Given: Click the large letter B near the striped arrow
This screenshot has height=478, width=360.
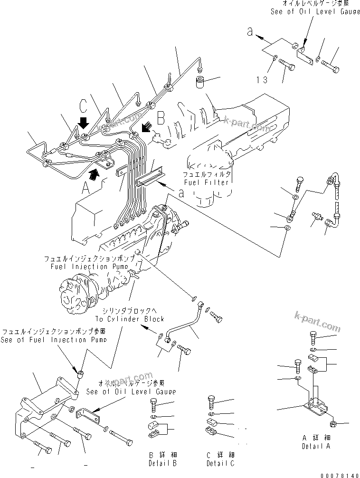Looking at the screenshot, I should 161,117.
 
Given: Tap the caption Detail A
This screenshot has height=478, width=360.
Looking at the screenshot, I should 316,446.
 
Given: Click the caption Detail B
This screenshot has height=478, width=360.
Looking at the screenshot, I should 162,463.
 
